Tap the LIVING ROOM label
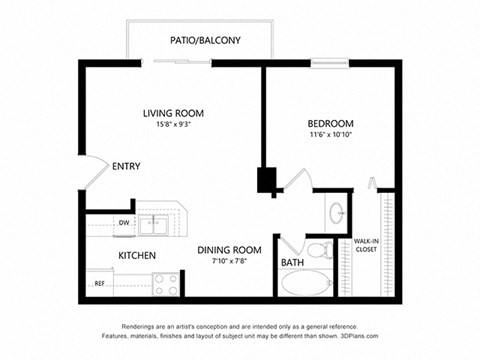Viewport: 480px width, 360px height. (175, 113)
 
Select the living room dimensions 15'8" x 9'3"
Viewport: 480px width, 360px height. (175, 126)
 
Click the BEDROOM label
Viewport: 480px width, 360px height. (330, 123)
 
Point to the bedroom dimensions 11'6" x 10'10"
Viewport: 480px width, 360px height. (330, 135)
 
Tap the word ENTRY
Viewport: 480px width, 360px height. (126, 167)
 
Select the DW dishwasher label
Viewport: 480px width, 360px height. (124, 222)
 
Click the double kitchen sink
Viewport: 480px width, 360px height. (154, 223)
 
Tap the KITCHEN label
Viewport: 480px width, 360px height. (137, 256)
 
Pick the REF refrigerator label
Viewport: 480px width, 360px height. (100, 284)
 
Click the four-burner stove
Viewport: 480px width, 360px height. (166, 284)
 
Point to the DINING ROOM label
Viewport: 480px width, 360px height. (229, 249)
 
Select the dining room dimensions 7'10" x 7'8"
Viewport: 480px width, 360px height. (229, 261)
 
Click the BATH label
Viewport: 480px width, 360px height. (292, 263)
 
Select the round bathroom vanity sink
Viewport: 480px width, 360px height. (337, 212)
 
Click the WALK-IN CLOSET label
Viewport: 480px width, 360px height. (366, 245)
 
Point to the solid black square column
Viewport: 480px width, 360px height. (267, 182)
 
